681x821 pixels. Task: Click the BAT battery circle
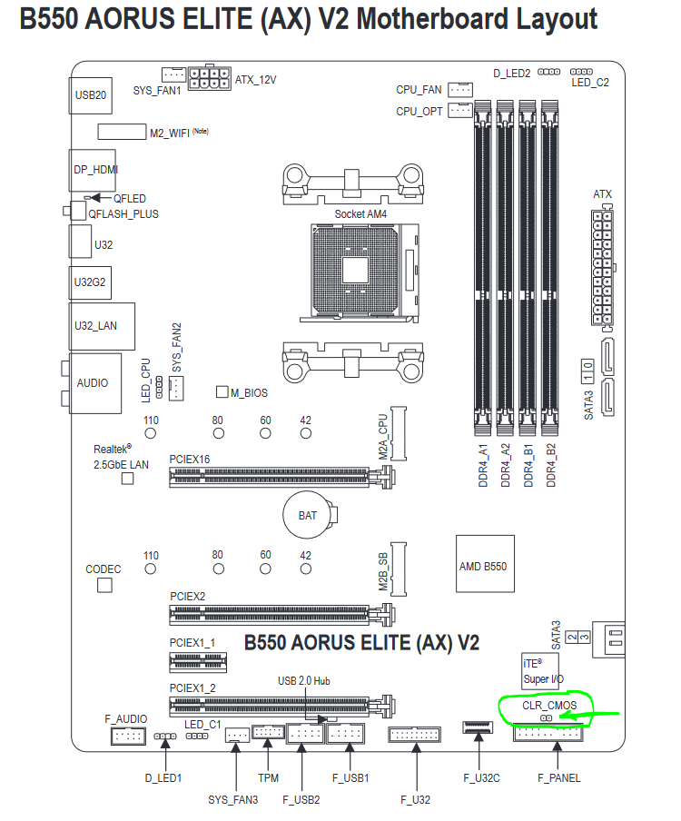click(308, 515)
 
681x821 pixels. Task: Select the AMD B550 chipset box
click(482, 566)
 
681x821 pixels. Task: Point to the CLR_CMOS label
click(545, 705)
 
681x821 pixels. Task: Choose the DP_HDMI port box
click(94, 169)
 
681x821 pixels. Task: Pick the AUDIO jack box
click(92, 382)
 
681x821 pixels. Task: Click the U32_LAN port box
click(101, 324)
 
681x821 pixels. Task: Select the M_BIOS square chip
click(222, 392)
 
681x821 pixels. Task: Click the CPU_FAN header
click(460, 90)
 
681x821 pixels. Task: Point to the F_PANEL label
click(558, 777)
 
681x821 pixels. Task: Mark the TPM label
click(268, 777)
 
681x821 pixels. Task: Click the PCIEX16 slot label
click(190, 460)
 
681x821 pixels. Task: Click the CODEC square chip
click(104, 586)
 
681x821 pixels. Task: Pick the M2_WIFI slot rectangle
click(121, 132)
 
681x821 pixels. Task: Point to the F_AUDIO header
click(126, 736)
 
